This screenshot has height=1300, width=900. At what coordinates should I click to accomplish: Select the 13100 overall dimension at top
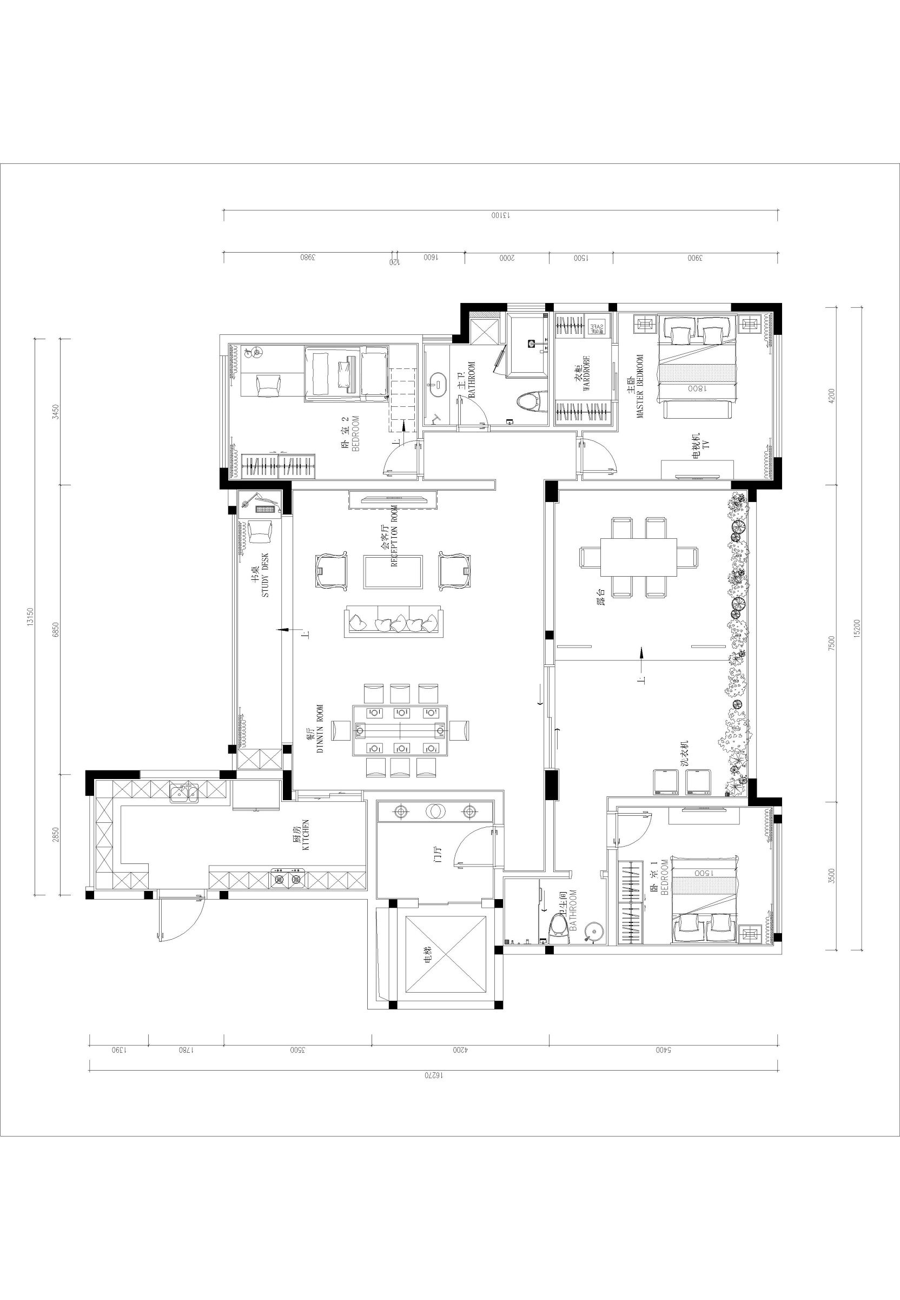[500, 215]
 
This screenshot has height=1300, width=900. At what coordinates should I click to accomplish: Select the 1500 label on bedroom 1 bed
[704, 872]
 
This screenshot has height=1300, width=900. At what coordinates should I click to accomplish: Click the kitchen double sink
[184, 794]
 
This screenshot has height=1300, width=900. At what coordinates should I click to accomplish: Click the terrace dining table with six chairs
[638, 557]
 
